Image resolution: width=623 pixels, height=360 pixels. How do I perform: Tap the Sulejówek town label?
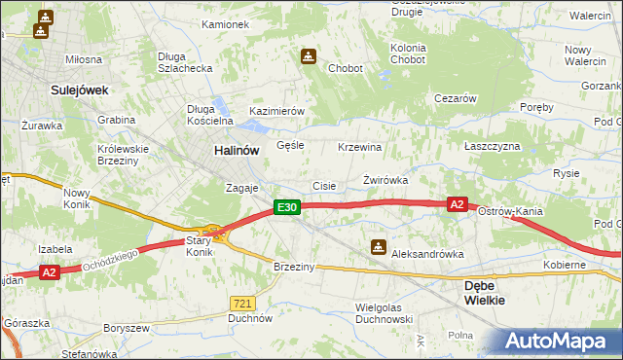(x=78, y=90)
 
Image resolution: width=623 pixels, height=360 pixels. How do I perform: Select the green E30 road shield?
(x=285, y=207)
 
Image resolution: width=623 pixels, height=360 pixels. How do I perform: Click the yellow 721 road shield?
(x=243, y=304)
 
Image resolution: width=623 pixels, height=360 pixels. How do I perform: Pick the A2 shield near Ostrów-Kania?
(x=458, y=204)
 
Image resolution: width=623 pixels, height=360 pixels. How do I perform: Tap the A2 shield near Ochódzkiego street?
(x=50, y=273)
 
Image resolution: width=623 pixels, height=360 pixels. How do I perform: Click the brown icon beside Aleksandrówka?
(x=379, y=248)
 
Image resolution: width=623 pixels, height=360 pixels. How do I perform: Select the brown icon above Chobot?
(x=308, y=57)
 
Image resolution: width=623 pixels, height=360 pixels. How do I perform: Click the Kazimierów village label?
(x=277, y=112)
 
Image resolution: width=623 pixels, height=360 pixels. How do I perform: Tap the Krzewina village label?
(x=358, y=147)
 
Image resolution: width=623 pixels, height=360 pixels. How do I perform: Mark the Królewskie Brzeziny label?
(x=122, y=156)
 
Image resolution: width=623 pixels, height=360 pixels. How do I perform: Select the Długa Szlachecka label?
(x=185, y=62)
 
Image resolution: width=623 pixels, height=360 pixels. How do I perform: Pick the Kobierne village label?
(x=565, y=265)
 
